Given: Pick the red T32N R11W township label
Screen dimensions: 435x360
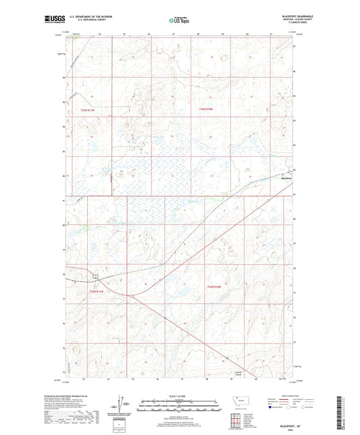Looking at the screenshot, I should (97, 291).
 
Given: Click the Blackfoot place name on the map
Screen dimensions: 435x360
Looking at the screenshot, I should (288, 178).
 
